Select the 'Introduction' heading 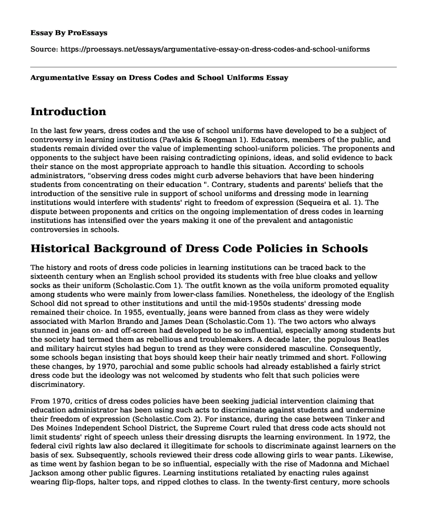pyautogui.click(x=69, y=112)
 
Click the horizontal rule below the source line pyautogui.click(x=213, y=66)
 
